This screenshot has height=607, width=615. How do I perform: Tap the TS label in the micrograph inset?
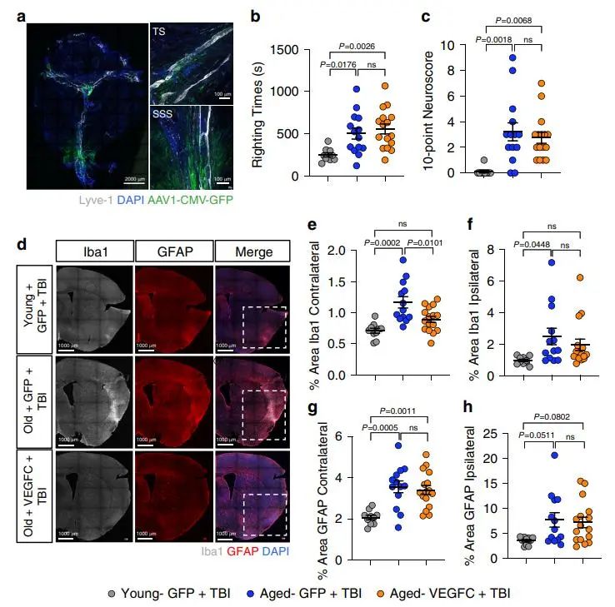[158, 31]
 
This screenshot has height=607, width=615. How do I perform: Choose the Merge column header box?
[252, 249]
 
